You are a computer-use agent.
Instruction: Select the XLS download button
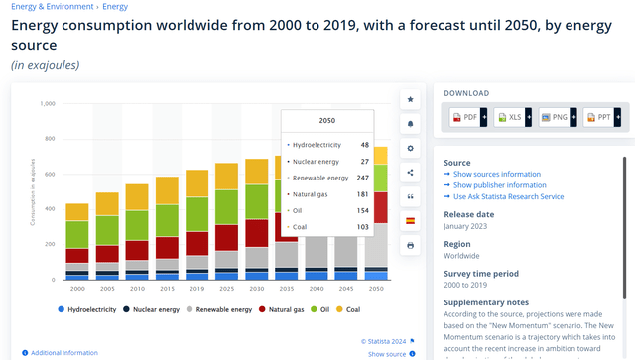coord(513,117)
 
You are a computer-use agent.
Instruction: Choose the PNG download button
coord(558,117)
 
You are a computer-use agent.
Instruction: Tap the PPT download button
coord(602,117)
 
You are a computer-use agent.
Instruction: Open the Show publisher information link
coord(499,184)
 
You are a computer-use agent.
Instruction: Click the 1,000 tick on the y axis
coord(48,103)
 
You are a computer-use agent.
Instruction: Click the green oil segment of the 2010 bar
coord(137,220)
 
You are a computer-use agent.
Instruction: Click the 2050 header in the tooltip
coord(327,120)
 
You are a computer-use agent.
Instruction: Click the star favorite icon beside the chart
coord(411,100)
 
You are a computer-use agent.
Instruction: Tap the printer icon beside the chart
coord(411,244)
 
